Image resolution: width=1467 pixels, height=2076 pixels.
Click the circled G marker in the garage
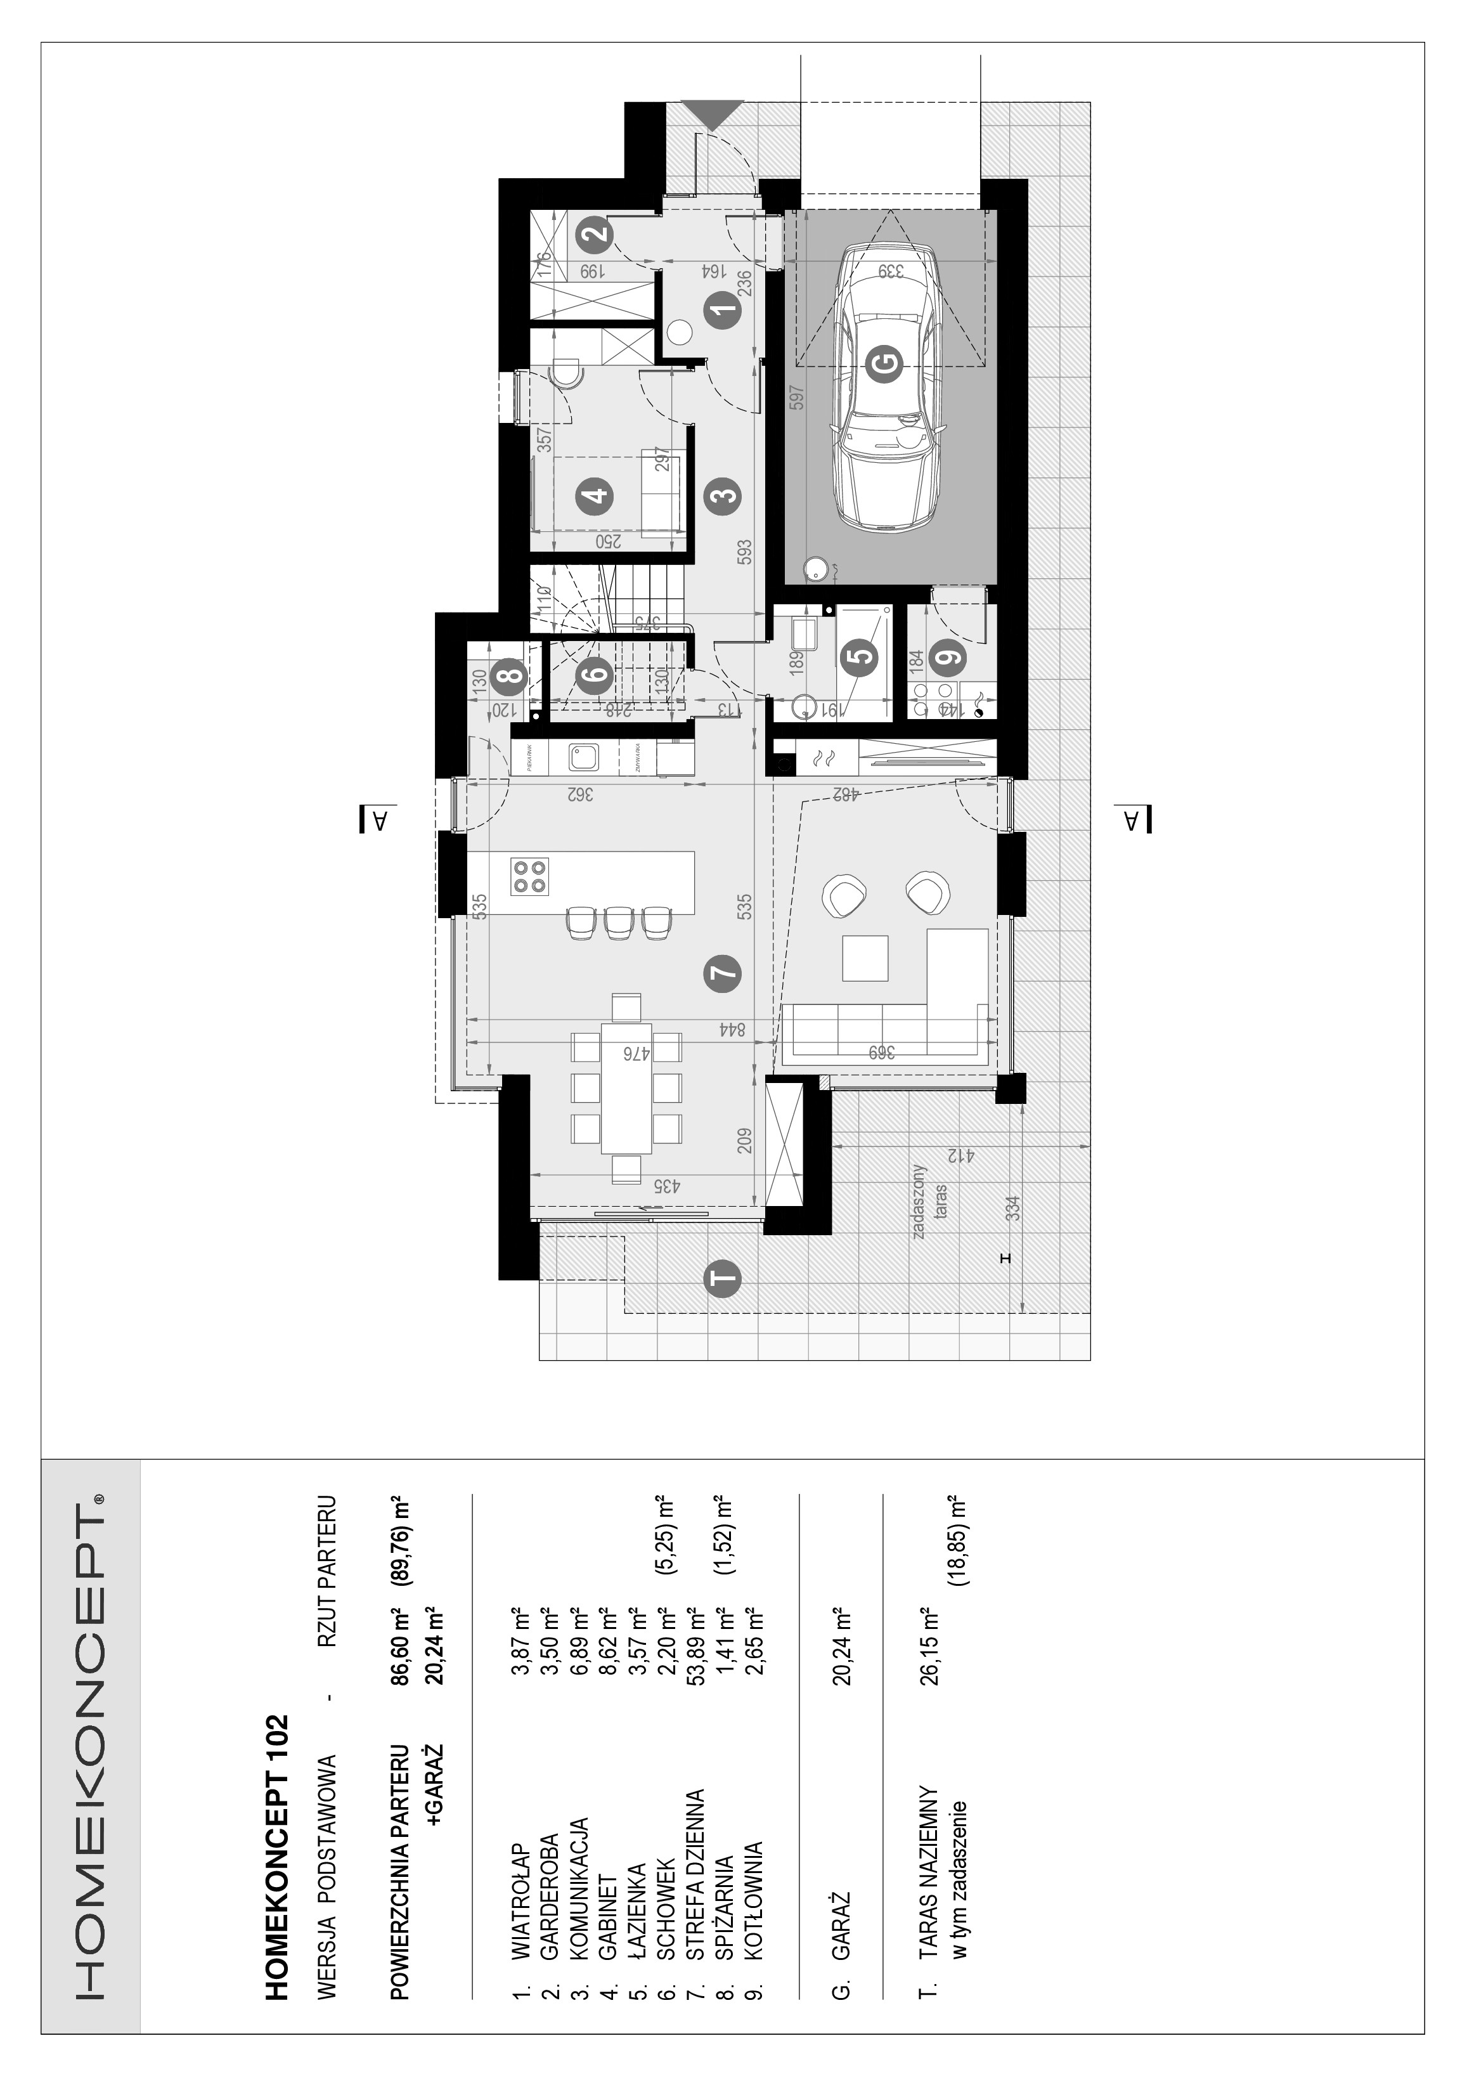pos(885,365)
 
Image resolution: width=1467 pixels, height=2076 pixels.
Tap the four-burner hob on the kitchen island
pos(529,875)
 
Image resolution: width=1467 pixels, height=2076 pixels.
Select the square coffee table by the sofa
pos(865,959)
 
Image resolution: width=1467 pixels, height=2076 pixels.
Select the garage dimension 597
pos(796,398)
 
